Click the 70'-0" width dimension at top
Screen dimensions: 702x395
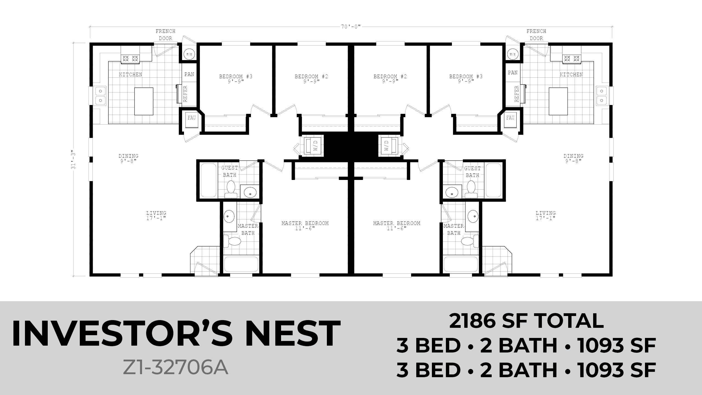351,27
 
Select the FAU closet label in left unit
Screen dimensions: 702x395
192,118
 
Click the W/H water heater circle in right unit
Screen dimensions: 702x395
513,54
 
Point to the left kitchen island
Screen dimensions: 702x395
144,101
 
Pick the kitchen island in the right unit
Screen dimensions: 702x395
558,101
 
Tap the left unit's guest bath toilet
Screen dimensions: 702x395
231,189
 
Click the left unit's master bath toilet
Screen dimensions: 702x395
232,241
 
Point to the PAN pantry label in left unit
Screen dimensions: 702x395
189,74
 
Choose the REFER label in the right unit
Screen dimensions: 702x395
517,94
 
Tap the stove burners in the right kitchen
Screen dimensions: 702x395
571,58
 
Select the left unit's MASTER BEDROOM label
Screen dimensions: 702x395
305,223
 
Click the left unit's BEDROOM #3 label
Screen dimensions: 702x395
236,77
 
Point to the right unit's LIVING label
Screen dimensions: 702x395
546,213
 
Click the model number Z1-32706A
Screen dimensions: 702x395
175,368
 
